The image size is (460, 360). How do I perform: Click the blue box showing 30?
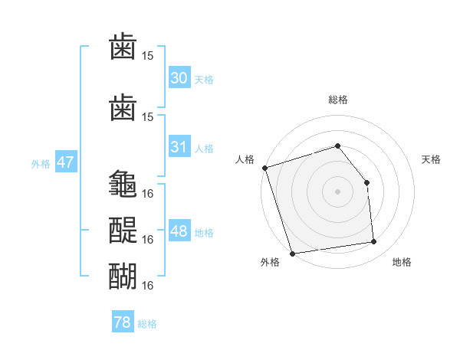coord(179,78)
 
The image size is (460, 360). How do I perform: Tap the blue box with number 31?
coord(179,147)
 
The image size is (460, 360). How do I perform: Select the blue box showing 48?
coord(179,231)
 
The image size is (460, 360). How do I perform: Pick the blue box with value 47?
coord(65,162)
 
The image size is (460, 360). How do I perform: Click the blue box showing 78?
coord(123,322)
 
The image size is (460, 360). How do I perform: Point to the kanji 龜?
coord(123,185)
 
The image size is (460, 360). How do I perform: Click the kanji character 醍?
coord(123,228)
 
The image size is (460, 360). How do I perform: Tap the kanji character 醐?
coord(123,274)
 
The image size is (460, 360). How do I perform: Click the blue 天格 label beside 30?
coord(204,80)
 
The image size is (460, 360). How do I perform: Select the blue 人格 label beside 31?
coord(204,149)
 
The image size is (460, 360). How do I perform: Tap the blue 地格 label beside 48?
coord(204,233)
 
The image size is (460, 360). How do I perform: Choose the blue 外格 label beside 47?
coord(41,164)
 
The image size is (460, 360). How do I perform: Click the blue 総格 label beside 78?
coord(147,324)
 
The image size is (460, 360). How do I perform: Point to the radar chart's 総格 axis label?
coord(337,100)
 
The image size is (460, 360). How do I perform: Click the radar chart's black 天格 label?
coord(431,159)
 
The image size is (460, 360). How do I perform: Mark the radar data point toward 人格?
coord(264,168)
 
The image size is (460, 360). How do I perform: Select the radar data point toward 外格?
coord(292,252)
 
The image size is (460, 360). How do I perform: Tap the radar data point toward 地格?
coord(374,242)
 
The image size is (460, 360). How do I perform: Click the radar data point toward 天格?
coord(366,182)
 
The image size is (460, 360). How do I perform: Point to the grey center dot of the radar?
coord(337,191)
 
